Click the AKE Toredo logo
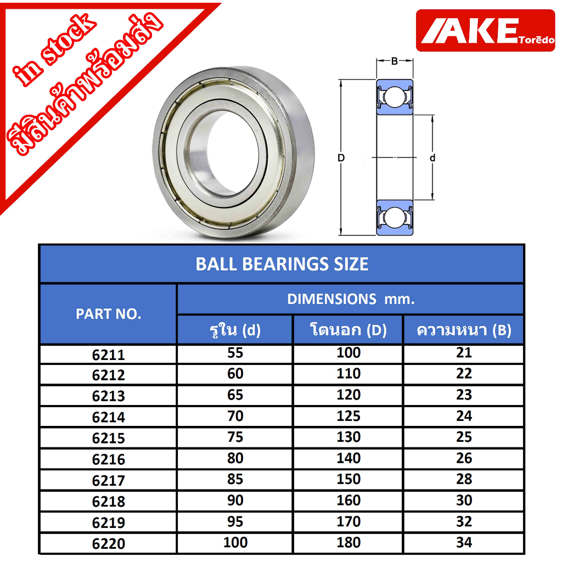(485, 31)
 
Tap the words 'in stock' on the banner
(54, 50)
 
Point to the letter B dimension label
(394, 61)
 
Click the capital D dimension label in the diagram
(341, 158)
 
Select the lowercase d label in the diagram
(432, 158)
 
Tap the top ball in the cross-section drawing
(394, 97)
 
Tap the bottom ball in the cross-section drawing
(394, 217)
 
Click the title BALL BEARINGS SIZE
(282, 264)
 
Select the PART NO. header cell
(108, 314)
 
